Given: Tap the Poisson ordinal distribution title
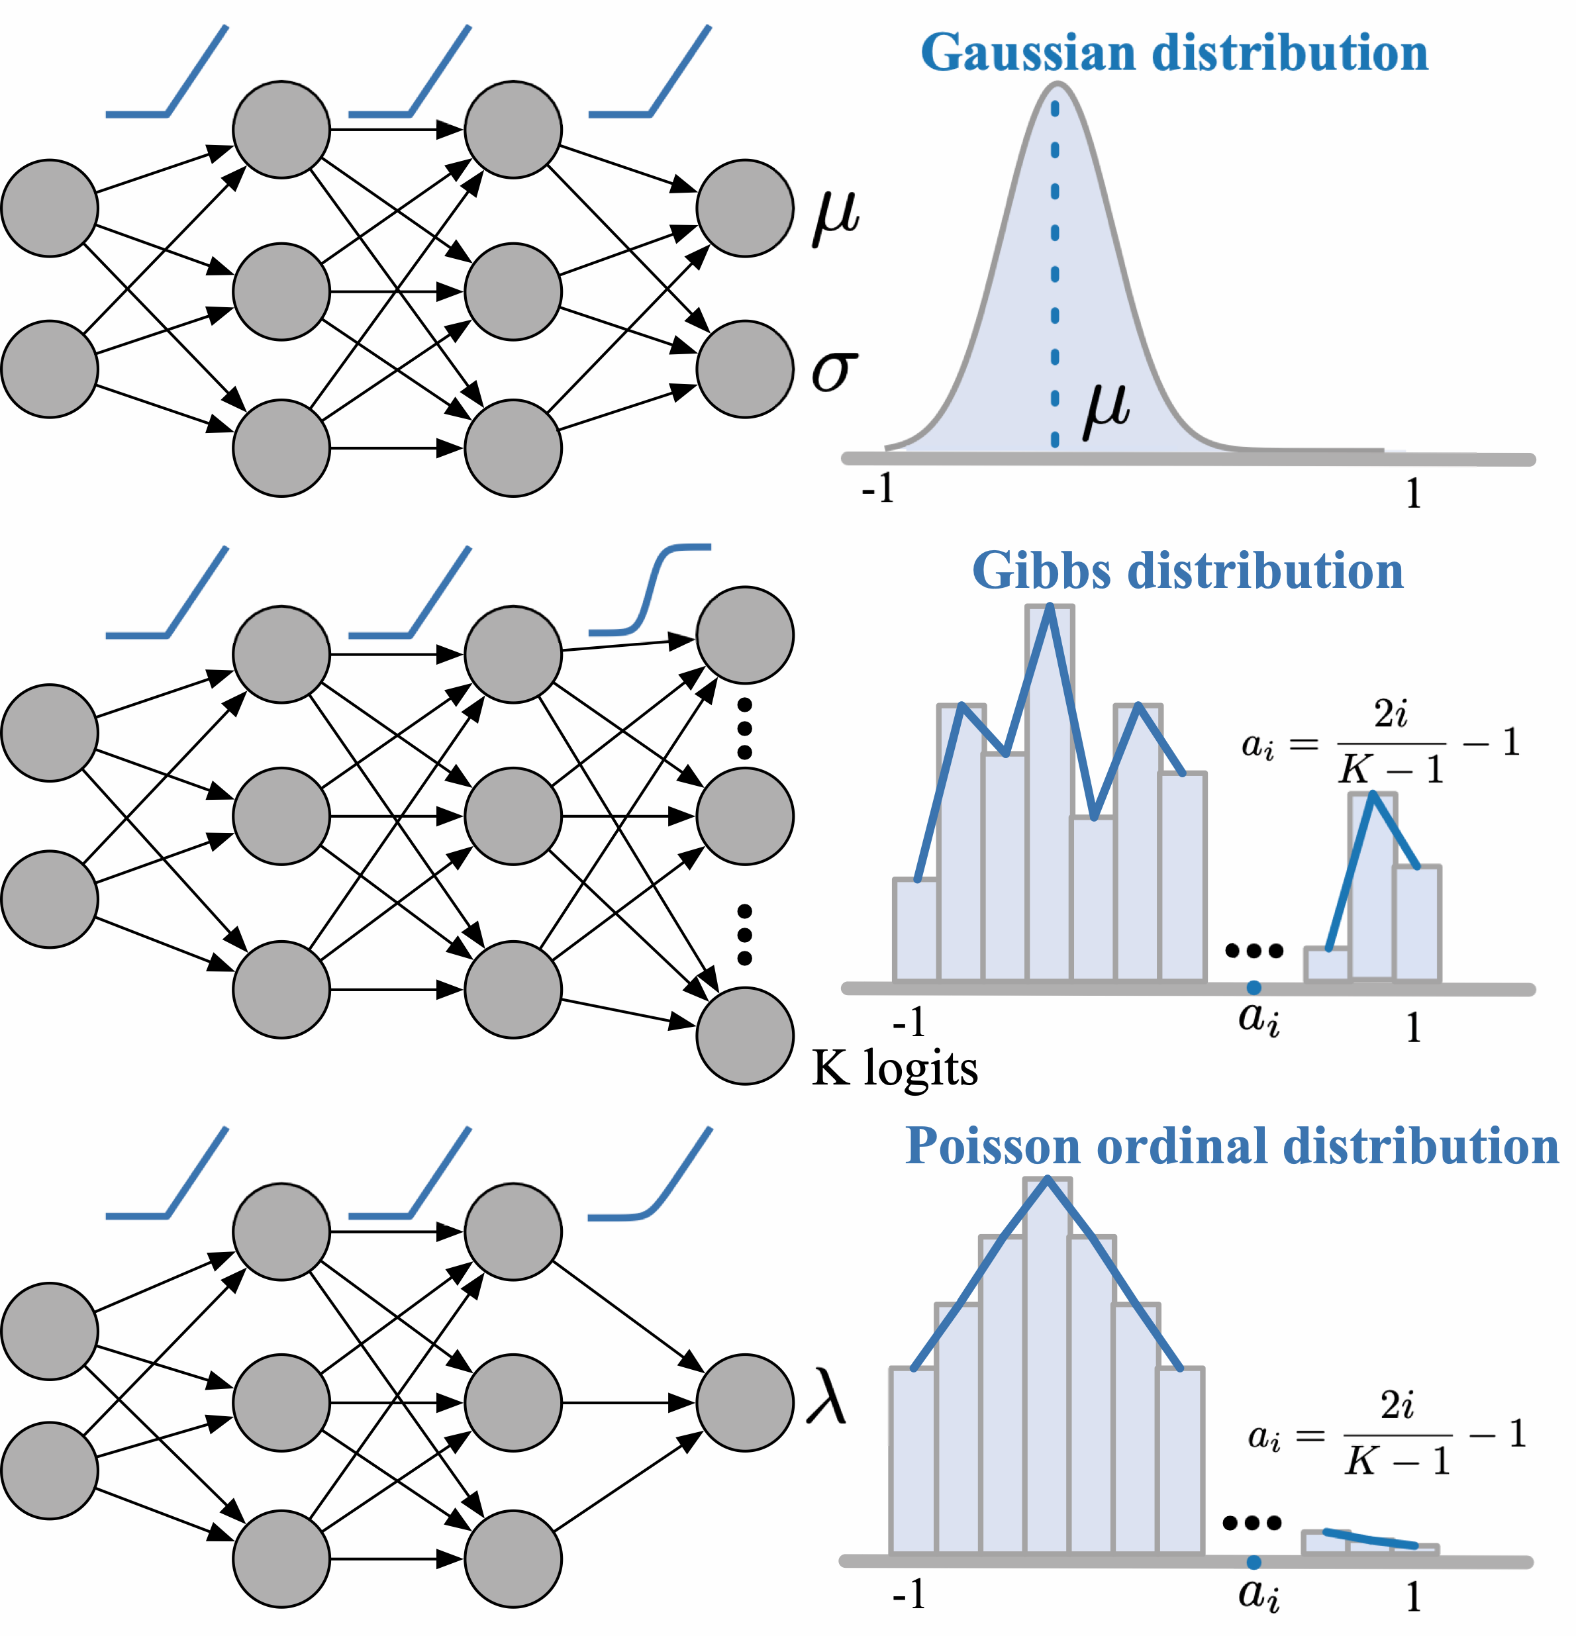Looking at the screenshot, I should click(x=1232, y=1146).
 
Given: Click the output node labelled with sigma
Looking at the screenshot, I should click(x=744, y=369).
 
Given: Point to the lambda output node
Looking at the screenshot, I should click(x=744, y=1402).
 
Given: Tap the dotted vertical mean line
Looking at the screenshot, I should click(x=1055, y=275).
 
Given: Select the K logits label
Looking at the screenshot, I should click(x=894, y=1069).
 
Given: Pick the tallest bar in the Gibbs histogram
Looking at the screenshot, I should click(x=1050, y=793).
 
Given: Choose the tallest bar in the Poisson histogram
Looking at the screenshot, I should click(x=1047, y=1369).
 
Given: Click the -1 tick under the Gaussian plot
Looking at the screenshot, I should click(x=877, y=489).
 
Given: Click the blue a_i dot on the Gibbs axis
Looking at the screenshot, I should click(x=1254, y=987).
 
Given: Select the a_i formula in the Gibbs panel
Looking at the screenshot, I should click(x=1381, y=743).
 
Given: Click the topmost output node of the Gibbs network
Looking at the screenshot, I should click(x=744, y=635).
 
